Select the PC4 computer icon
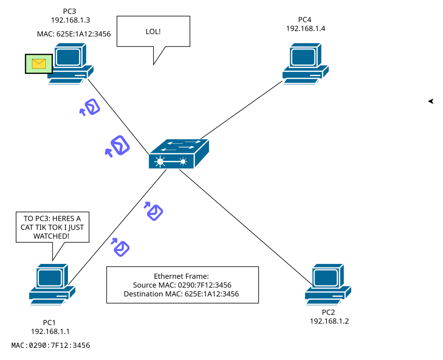click(305, 63)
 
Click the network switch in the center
click(179, 154)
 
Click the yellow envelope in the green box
click(39, 64)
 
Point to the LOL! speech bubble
click(154, 32)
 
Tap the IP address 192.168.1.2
click(329, 321)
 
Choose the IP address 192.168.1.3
click(70, 19)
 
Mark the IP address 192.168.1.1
click(50, 331)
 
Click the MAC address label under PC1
click(51, 345)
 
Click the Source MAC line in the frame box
click(182, 285)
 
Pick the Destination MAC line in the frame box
click(181, 294)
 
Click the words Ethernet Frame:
click(181, 276)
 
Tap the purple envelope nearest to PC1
click(122, 248)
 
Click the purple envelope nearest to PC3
click(91, 107)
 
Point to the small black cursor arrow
click(431, 101)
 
